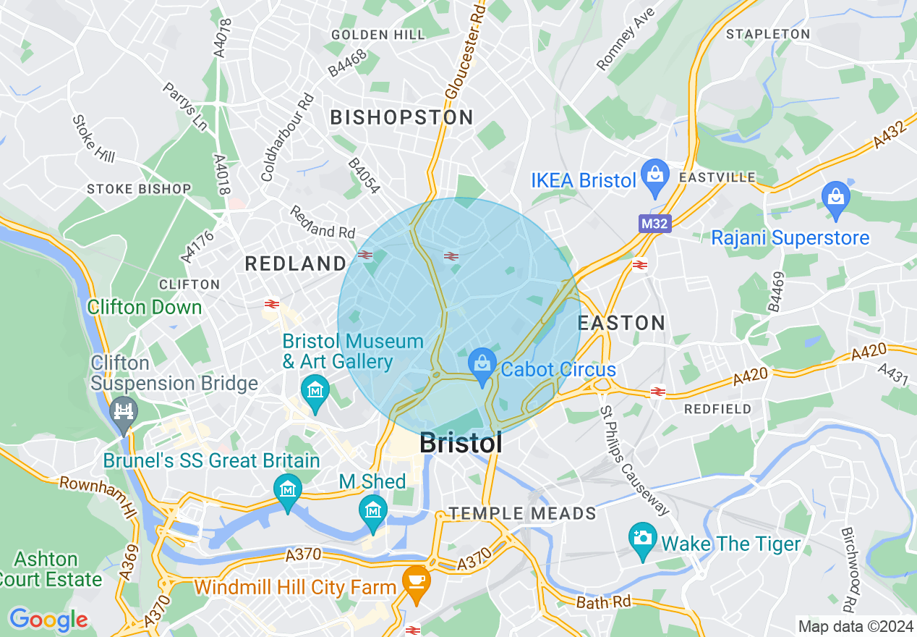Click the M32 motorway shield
coord(655,224)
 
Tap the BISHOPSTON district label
coord(402,117)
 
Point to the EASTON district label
coord(622,323)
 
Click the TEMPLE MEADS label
coord(522,514)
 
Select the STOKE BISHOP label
coord(139,189)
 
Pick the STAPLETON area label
coord(768,34)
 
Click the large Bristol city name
coord(461,443)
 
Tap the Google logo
coord(48,620)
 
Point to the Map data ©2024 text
coord(854,625)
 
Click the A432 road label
coord(889,135)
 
